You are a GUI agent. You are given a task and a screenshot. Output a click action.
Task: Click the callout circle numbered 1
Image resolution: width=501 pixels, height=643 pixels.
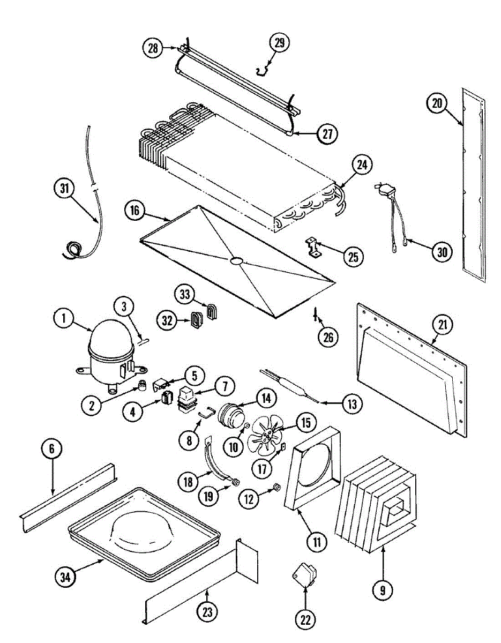click(x=63, y=319)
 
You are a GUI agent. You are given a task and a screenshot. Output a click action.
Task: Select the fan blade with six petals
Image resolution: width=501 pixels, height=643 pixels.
click(x=265, y=435)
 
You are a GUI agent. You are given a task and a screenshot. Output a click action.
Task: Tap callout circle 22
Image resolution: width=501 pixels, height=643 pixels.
click(x=305, y=619)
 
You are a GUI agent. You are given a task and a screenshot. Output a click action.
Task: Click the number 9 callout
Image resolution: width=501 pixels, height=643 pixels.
click(x=383, y=590)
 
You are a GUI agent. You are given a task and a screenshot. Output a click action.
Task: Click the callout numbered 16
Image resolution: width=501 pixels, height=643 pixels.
click(x=134, y=211)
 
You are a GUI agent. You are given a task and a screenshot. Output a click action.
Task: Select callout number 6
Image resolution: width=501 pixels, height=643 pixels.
click(x=52, y=449)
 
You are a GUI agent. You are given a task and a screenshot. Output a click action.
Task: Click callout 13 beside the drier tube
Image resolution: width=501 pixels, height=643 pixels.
click(x=352, y=404)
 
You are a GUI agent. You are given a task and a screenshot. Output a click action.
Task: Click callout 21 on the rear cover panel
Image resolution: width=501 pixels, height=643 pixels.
click(x=443, y=325)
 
